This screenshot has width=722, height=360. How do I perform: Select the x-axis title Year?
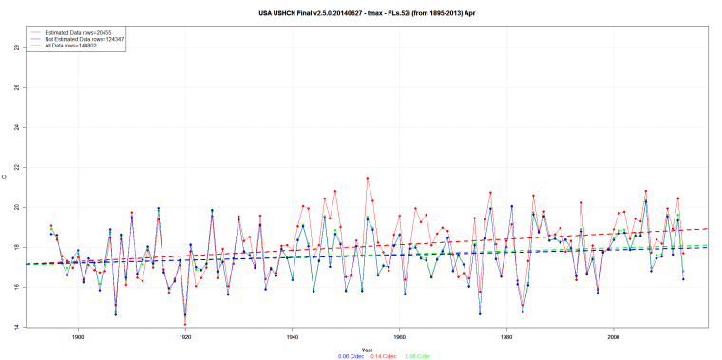(367, 349)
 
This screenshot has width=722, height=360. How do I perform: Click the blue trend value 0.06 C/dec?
(326, 356)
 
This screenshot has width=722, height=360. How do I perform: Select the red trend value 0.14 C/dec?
(367, 356)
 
